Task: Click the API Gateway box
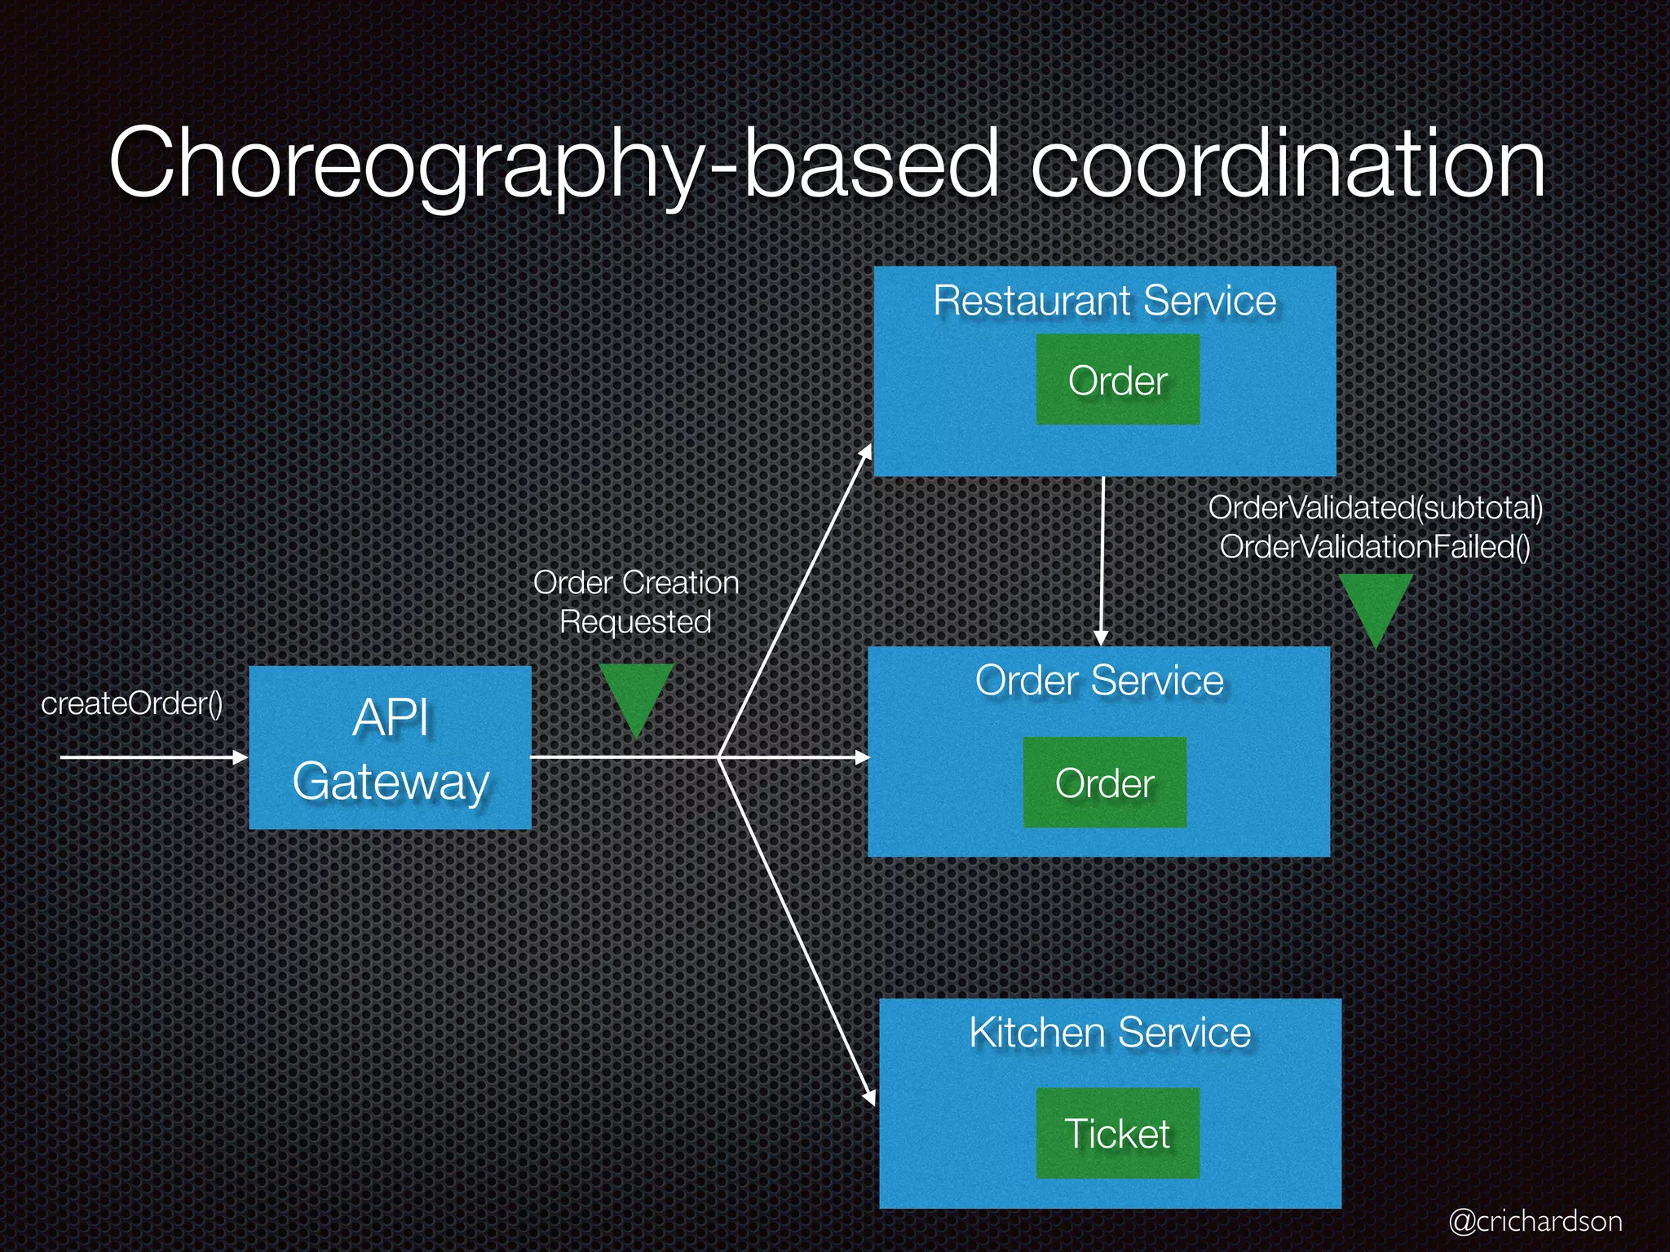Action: (x=390, y=747)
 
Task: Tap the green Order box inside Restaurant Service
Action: (x=1117, y=380)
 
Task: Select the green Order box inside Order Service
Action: (x=1104, y=782)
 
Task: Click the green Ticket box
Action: (x=1117, y=1133)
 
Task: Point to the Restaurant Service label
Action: (x=1104, y=301)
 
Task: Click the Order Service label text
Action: (x=1099, y=681)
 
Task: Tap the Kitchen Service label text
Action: (x=1109, y=1033)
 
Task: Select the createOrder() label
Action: (x=132, y=703)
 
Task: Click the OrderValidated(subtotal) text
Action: (x=1375, y=508)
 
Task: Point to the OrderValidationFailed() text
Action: (x=1375, y=547)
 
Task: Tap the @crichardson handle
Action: (x=1535, y=1221)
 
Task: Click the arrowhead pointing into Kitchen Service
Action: (x=869, y=1097)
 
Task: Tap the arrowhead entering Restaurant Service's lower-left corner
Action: (x=867, y=452)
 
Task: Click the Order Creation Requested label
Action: (x=636, y=602)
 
